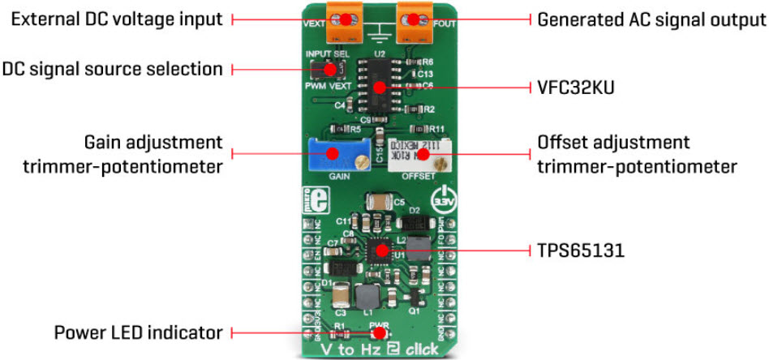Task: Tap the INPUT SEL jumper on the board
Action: click(x=329, y=69)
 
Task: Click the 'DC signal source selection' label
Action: click(x=112, y=69)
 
